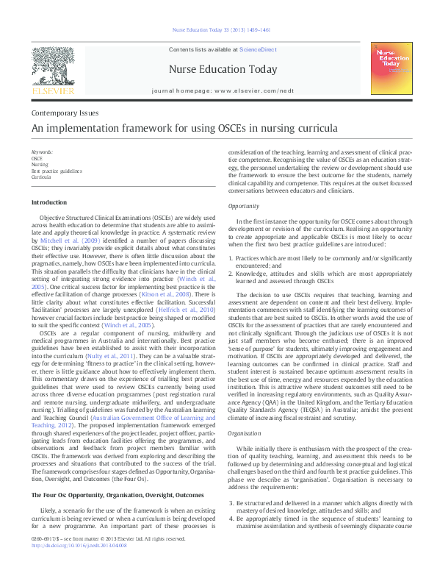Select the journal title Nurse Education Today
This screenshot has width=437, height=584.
coord(223,70)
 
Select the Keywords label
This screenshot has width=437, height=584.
coord(42,152)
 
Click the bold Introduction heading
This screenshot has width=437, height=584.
coord(49,202)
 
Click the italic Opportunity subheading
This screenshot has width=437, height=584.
coord(244,207)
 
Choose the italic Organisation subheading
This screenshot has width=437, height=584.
coord(245,433)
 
